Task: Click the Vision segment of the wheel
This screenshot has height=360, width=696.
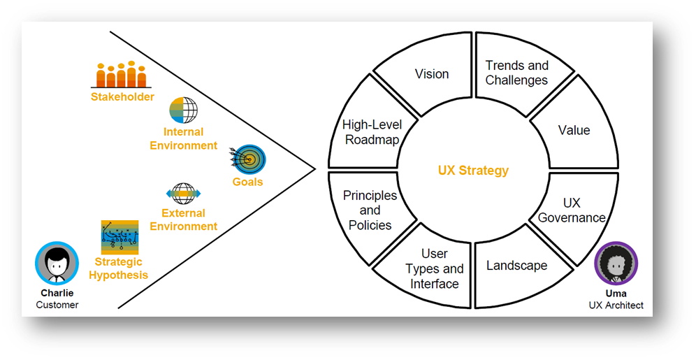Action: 432,74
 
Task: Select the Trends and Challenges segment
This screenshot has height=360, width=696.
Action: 517,73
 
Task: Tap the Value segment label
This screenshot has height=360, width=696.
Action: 574,131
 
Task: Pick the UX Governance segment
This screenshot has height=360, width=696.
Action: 572,210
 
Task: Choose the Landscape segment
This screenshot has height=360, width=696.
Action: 517,266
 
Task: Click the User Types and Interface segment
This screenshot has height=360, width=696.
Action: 434,268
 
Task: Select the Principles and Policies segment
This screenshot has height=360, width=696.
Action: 370,210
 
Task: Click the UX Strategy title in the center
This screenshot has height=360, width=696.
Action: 473,171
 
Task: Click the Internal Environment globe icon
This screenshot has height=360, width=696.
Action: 184,110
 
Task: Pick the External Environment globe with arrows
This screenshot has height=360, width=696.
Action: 183,193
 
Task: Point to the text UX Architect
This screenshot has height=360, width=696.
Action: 616,305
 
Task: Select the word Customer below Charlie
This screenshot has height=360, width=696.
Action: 57,305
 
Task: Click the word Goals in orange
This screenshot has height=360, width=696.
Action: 248,182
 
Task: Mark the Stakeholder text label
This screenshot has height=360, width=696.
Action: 122,97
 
